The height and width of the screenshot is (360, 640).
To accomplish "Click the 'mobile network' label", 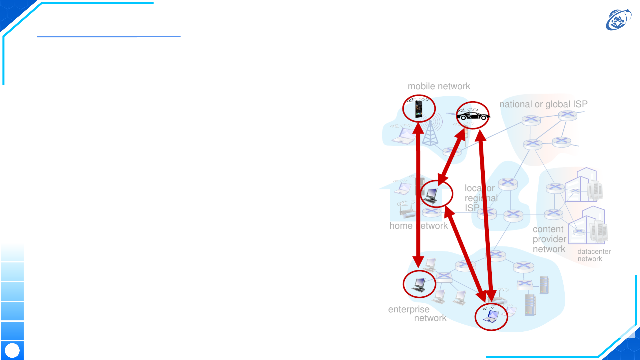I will pos(439,86).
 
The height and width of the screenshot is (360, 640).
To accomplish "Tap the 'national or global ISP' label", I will pos(543,104).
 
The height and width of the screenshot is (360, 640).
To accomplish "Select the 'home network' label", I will pos(418,226).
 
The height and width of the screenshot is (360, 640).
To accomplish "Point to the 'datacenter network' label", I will pos(594,255).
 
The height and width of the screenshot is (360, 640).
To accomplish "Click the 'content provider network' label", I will pos(549,239).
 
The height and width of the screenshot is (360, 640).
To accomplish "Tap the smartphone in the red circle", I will pos(418,109).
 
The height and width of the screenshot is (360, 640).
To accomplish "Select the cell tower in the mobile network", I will pos(430,133).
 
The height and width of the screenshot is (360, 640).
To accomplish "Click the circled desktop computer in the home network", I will pos(432,194).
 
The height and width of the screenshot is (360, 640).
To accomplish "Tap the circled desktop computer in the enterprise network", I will pos(419,284).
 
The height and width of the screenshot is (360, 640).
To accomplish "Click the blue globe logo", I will pos(618,20).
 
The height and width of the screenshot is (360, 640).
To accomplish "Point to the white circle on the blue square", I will pos(12,350).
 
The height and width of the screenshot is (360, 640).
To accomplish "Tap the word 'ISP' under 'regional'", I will pos(472,208).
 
